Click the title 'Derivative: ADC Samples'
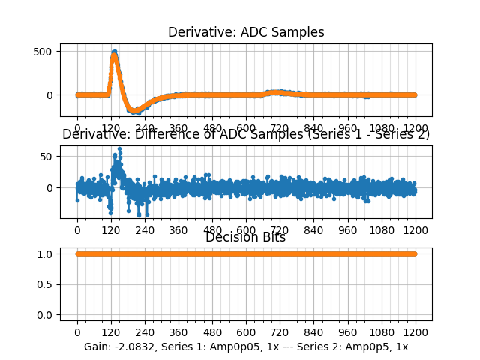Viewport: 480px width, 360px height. point(246,32)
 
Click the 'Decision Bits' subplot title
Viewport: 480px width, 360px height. point(246,237)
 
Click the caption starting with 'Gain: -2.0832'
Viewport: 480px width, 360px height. point(246,346)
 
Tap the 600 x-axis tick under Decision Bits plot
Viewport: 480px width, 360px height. point(246,331)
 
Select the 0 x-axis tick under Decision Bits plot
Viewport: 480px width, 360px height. point(77,331)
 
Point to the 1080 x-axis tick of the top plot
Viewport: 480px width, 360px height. point(382,128)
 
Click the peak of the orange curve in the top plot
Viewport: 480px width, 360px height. point(114,52)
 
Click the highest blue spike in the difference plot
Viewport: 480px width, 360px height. point(119,148)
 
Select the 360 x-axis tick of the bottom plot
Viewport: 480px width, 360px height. point(178,331)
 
